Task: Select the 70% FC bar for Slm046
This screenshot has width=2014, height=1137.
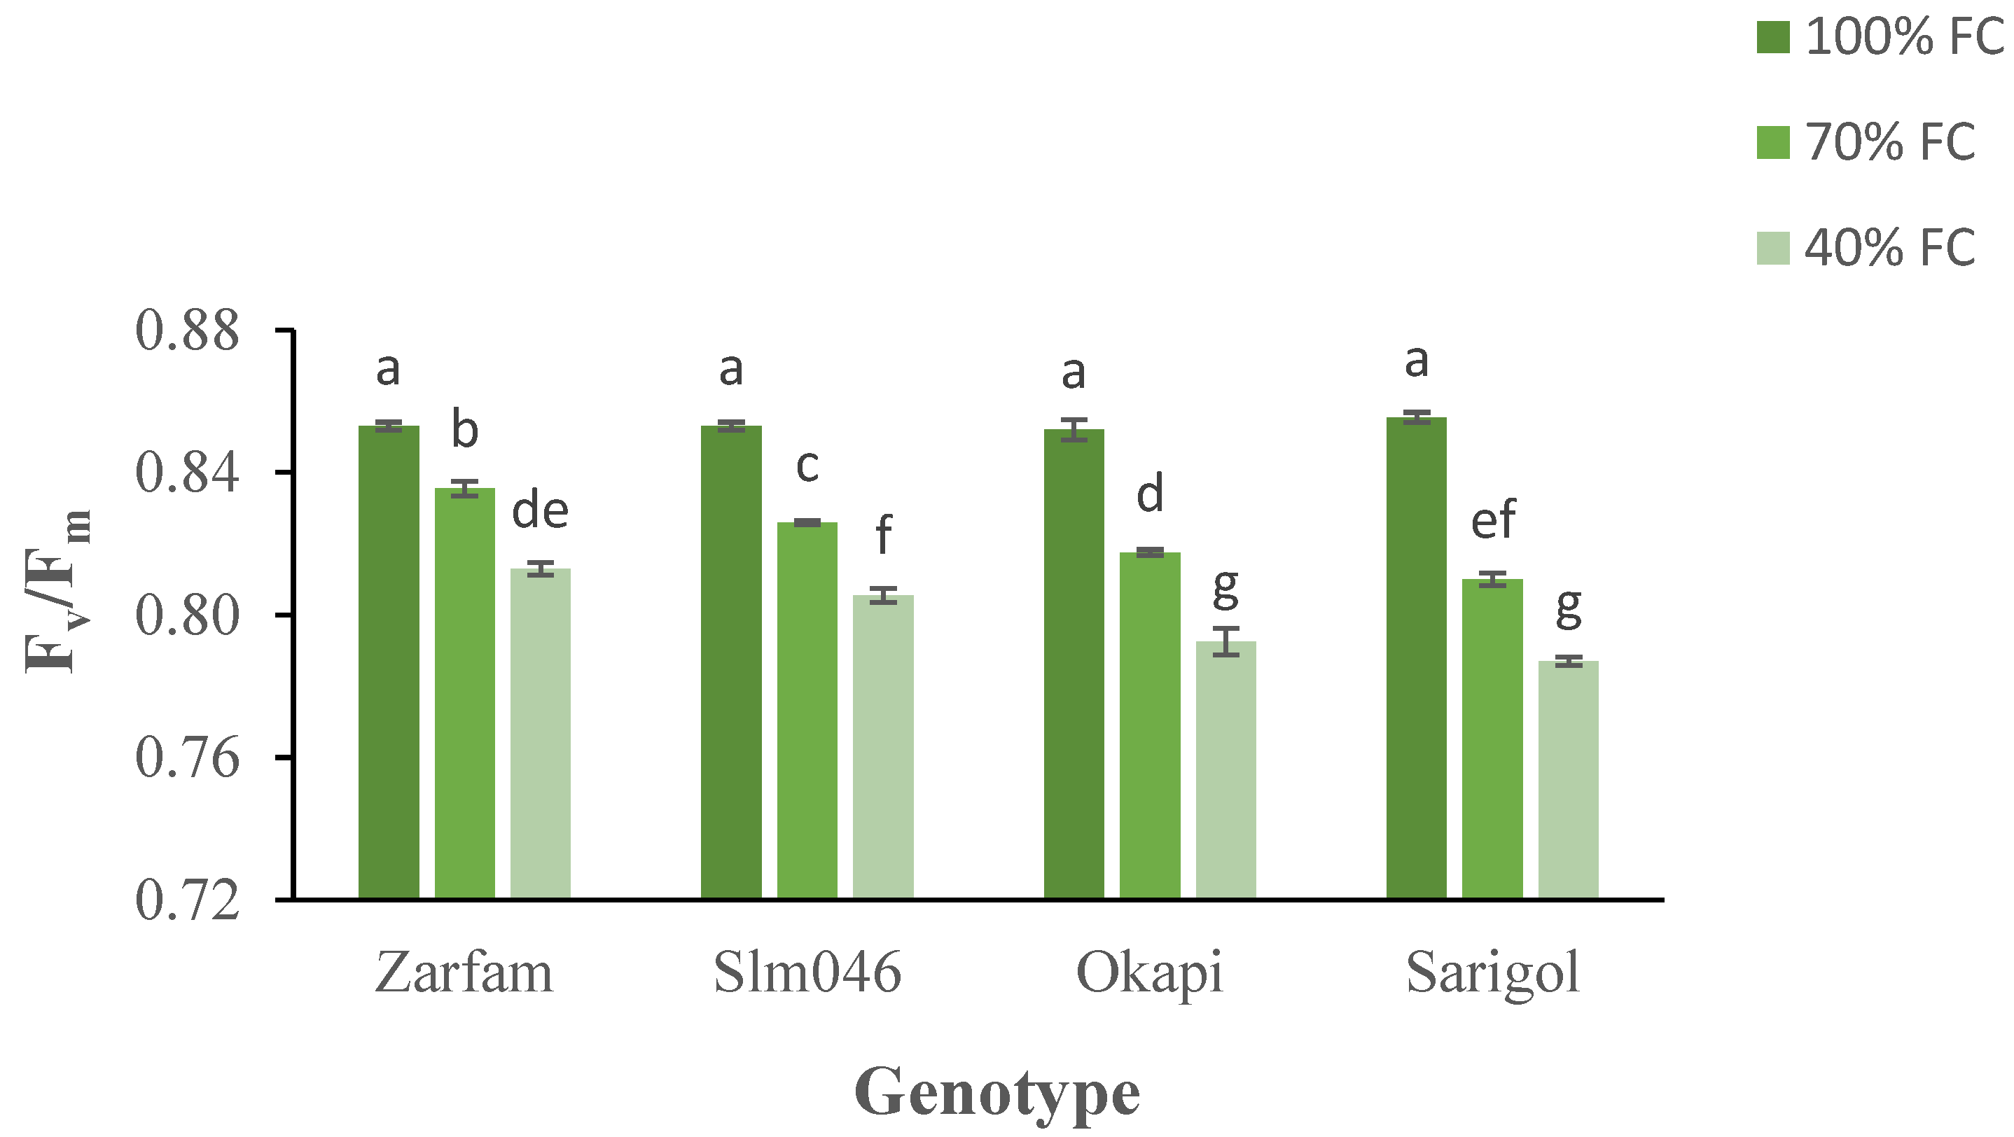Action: (x=807, y=711)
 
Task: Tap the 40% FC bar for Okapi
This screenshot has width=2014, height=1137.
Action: (x=1226, y=769)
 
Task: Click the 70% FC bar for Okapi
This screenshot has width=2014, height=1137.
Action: (x=1149, y=726)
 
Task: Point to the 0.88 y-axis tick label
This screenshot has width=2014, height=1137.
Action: (x=187, y=330)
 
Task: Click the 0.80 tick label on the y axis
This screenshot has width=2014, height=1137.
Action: (x=187, y=616)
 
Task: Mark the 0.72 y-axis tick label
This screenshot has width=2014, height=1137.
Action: (x=187, y=900)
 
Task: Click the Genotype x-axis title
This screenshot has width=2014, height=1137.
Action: (x=996, y=1092)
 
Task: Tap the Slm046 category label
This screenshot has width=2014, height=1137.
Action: (x=807, y=973)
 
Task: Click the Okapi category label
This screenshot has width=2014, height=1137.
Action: (x=1148, y=973)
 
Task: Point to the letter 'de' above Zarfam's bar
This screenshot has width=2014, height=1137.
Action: (x=539, y=510)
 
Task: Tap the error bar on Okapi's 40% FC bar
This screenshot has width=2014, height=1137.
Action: (x=1226, y=641)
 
